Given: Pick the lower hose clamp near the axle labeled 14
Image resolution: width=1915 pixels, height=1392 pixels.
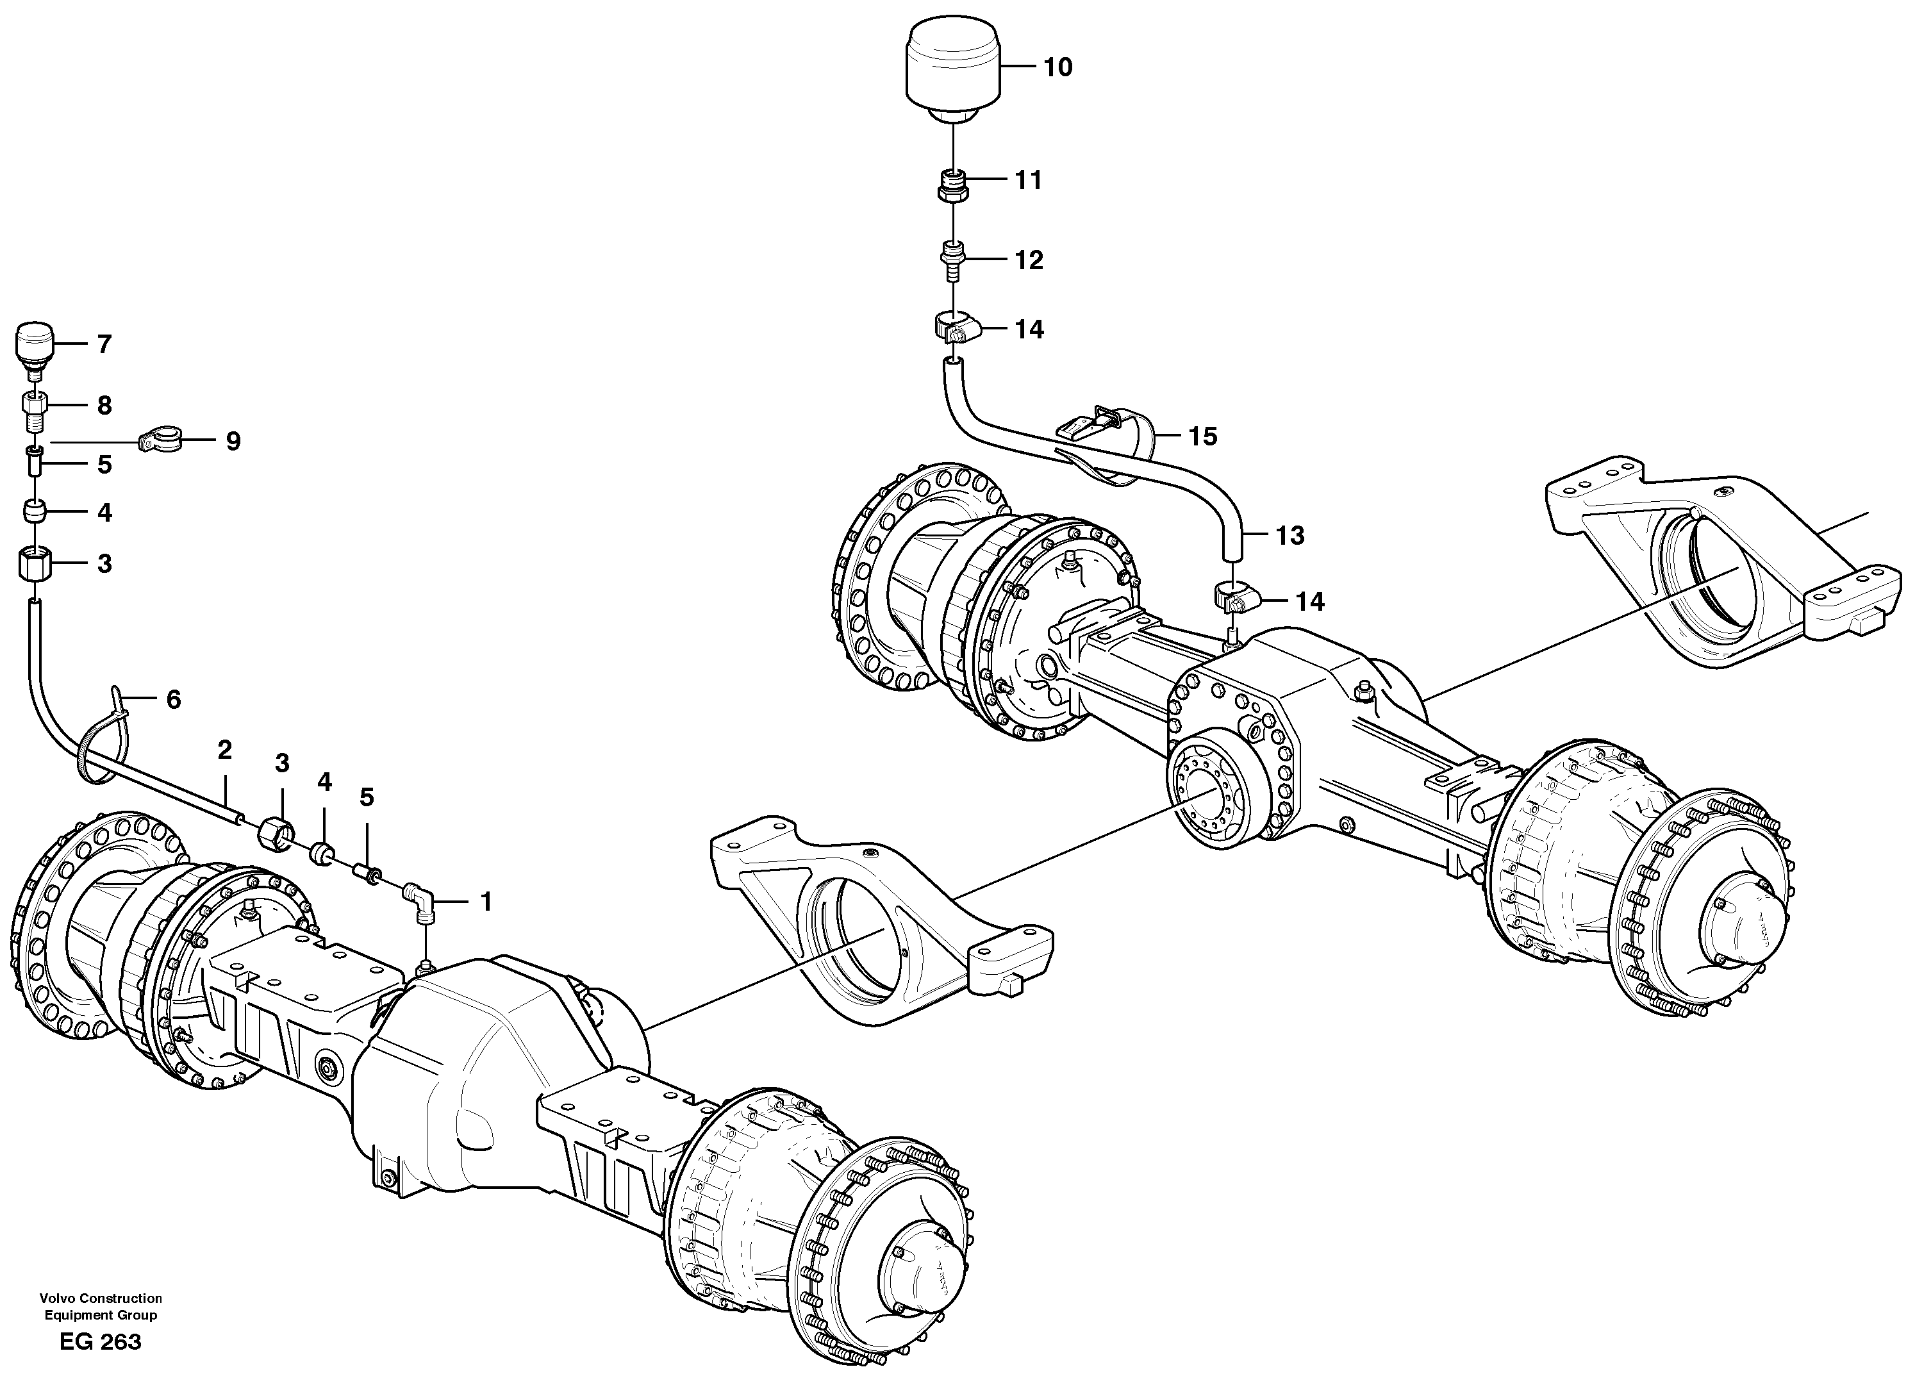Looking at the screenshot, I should (x=1234, y=601).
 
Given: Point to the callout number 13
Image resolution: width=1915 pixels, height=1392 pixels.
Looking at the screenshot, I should (x=1289, y=535).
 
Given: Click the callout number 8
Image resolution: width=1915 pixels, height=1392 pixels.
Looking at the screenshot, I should (x=104, y=406).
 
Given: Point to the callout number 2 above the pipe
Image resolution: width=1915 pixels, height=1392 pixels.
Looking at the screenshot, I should (x=224, y=750).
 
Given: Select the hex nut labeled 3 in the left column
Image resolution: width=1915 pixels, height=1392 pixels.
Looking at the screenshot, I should (x=35, y=563).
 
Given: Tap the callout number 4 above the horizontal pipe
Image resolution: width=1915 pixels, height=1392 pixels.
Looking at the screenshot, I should (x=324, y=783).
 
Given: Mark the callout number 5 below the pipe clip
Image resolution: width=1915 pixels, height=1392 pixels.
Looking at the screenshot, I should (x=104, y=465).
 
